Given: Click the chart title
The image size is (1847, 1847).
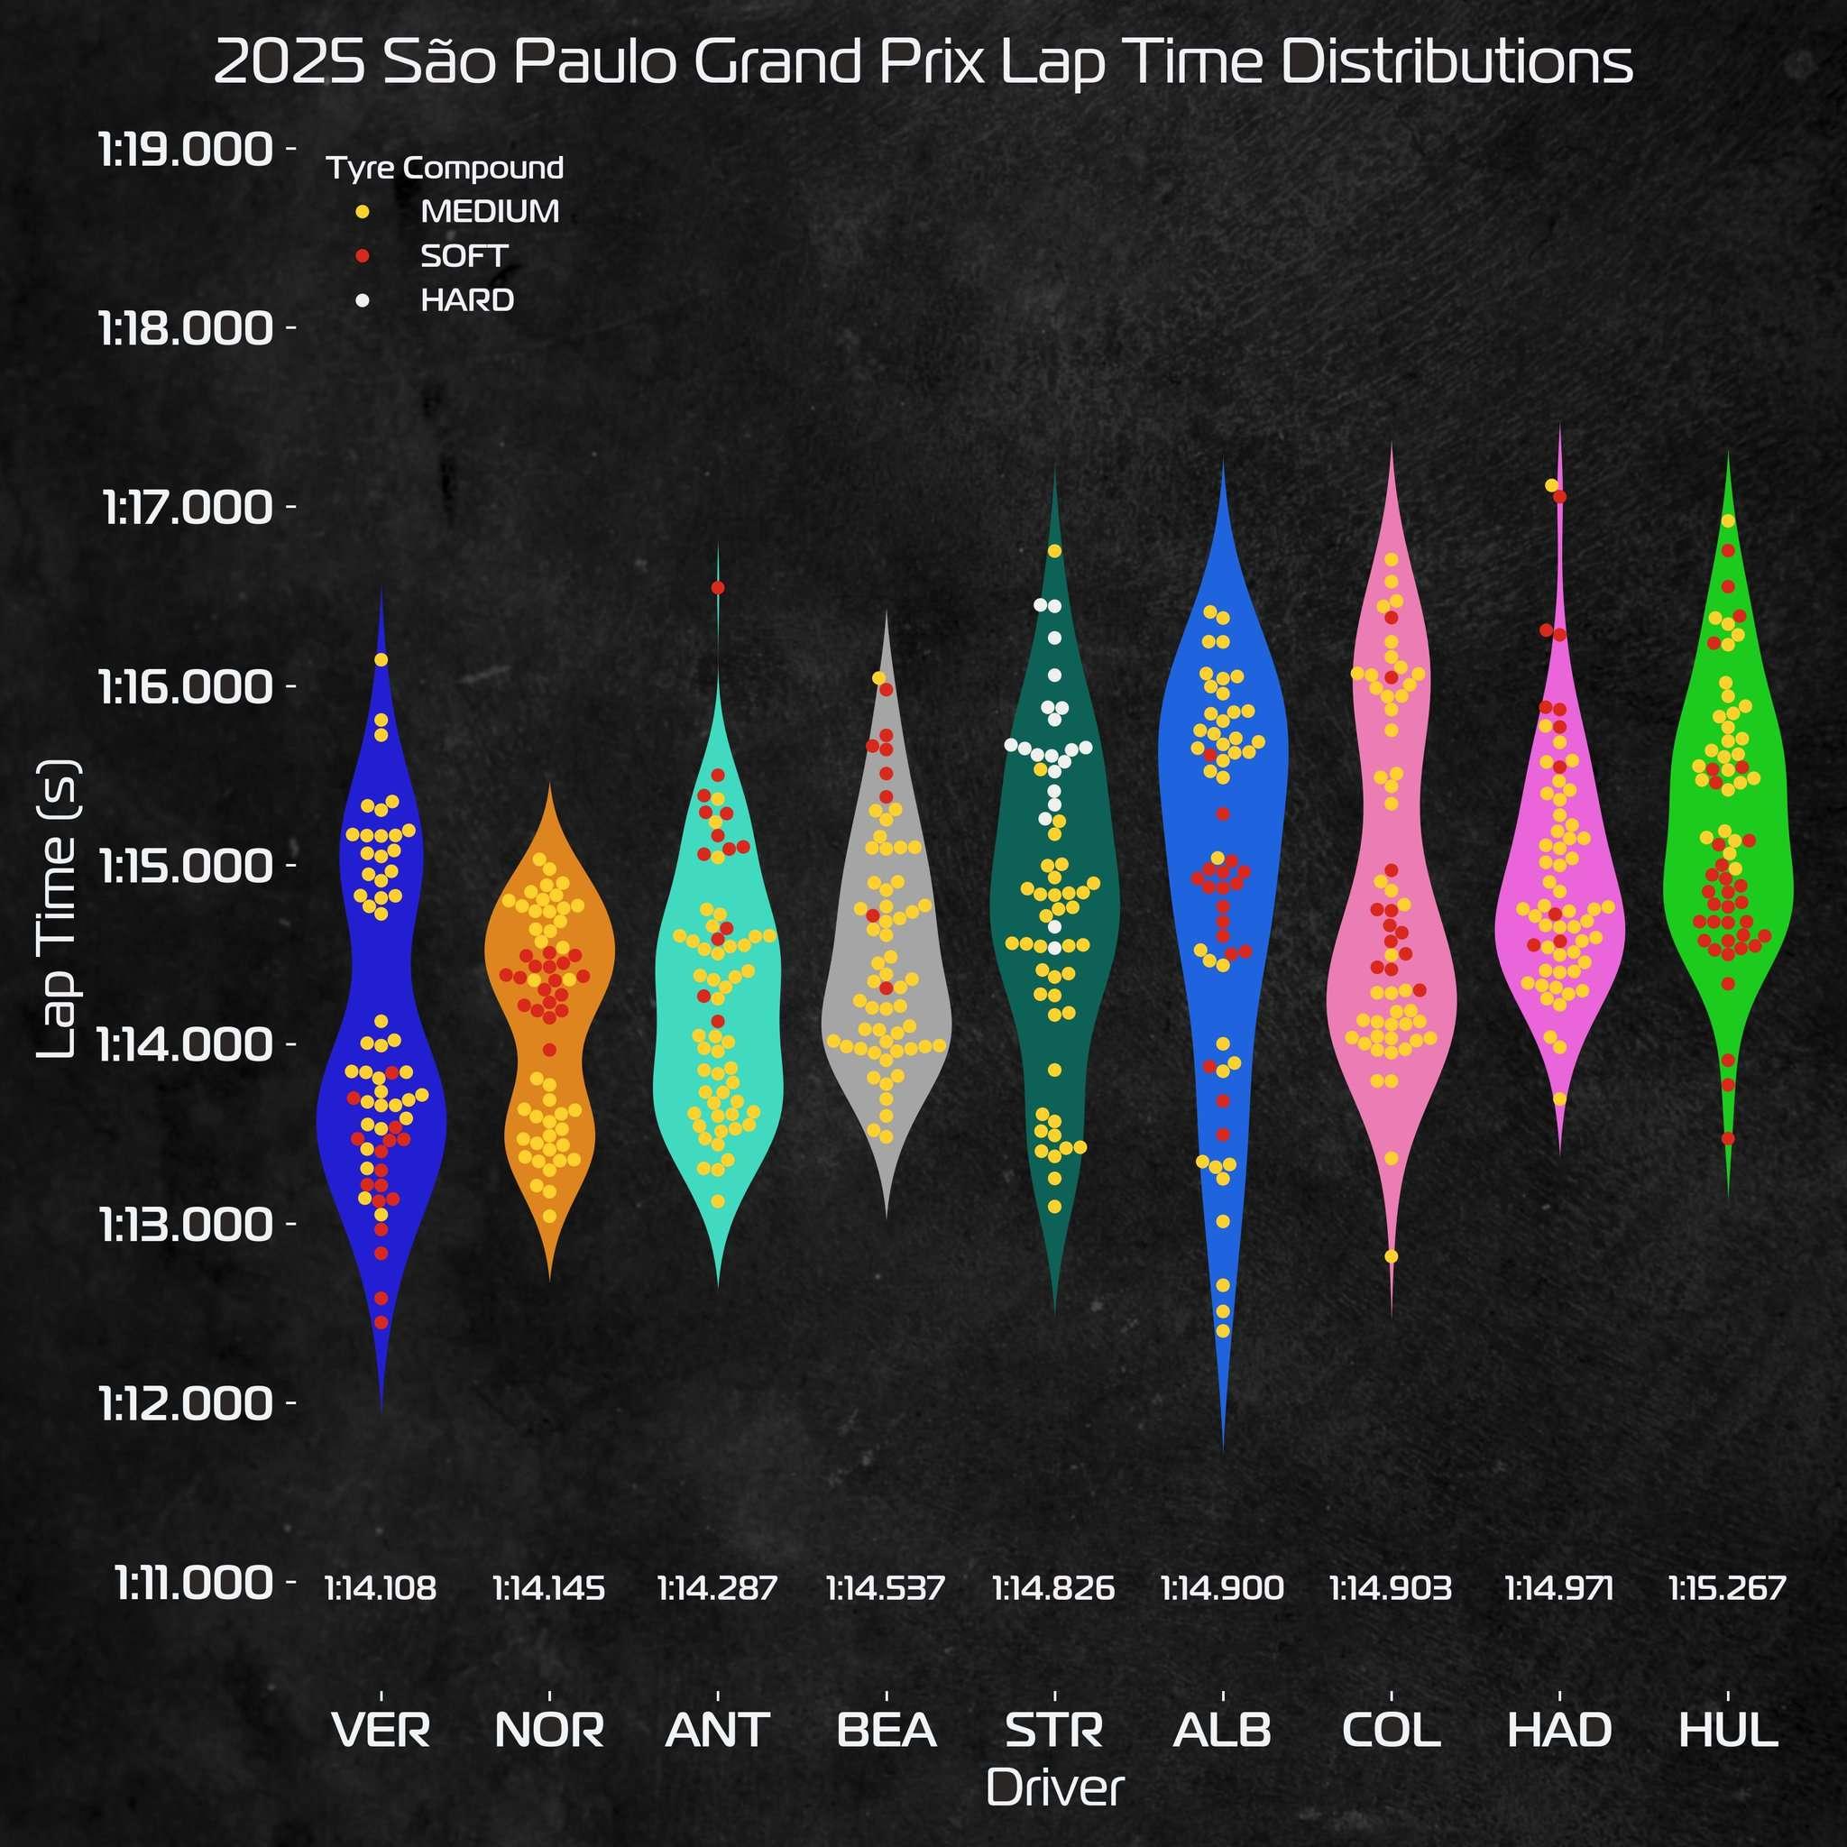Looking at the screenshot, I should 923,63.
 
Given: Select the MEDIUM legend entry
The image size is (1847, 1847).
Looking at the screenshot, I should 490,211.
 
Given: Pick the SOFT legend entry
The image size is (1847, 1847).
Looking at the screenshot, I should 464,256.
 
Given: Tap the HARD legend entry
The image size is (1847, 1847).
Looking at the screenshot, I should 466,300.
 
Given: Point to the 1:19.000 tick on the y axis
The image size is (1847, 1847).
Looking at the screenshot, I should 186,150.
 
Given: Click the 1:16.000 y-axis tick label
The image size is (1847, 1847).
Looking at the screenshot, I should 186,686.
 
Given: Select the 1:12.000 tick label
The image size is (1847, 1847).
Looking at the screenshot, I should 186,1403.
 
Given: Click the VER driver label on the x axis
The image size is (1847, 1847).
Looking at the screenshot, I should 381,1730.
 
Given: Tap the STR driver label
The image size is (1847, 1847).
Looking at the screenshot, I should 1053,1730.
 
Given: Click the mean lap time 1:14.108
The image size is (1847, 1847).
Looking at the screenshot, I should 381,1589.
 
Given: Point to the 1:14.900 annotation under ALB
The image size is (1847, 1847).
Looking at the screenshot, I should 1222,1589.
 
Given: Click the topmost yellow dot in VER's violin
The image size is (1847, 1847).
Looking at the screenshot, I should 381,659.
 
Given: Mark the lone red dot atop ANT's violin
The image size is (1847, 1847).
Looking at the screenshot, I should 718,587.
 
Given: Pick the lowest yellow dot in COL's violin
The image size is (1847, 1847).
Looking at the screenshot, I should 1391,1256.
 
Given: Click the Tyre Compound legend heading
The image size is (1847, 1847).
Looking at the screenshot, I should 445,169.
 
